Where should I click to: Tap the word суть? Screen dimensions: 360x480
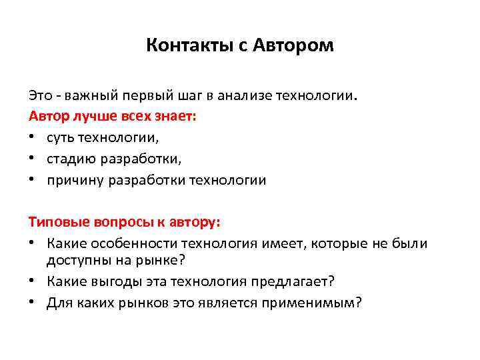[61, 138]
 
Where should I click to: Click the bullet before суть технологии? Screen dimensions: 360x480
[32, 138]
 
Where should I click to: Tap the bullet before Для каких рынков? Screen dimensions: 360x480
[32, 303]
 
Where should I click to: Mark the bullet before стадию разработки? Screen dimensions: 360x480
[32, 159]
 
